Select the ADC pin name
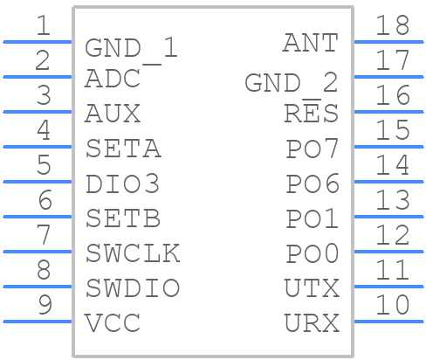[113, 79]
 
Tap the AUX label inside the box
[113, 114]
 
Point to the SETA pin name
[123, 149]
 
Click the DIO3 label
[122, 183]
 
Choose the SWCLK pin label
[133, 253]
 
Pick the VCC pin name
[113, 322]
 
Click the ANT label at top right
[311, 43]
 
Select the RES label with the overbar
[311, 112]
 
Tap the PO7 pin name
[313, 149]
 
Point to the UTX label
[312, 287]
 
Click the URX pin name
[312, 322]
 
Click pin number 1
[43, 25]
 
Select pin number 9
[45, 305]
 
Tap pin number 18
[393, 25]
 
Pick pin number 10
[393, 305]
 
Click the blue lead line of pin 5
[38, 182]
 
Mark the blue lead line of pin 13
[388, 217]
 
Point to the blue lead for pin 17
[388, 77]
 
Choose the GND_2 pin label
[292, 83]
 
